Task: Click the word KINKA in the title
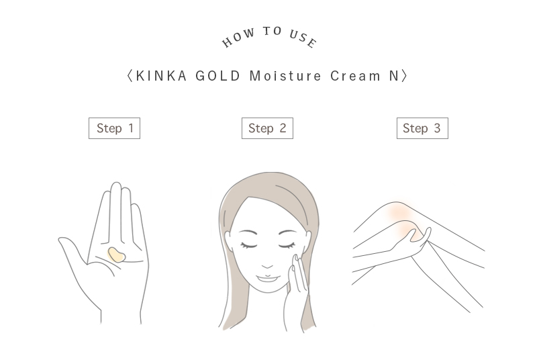pyautogui.click(x=162, y=76)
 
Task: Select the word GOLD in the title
pyautogui.click(x=217, y=76)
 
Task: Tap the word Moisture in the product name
pyautogui.click(x=285, y=76)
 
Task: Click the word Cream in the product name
pyautogui.click(x=355, y=76)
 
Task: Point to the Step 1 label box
pyautogui.click(x=115, y=128)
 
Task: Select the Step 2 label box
pyautogui.click(x=267, y=128)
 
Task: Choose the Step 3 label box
pyautogui.click(x=422, y=128)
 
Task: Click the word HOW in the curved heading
pyautogui.click(x=238, y=38)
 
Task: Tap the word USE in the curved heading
pyautogui.click(x=303, y=38)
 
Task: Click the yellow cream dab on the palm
pyautogui.click(x=117, y=255)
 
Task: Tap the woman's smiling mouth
pyautogui.click(x=267, y=278)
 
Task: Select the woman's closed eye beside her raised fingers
pyautogui.click(x=287, y=245)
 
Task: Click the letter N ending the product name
pyautogui.click(x=395, y=76)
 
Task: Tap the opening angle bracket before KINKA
pyautogui.click(x=130, y=76)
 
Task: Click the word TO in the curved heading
pyautogui.click(x=273, y=31)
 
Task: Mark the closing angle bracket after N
pyautogui.click(x=404, y=76)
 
